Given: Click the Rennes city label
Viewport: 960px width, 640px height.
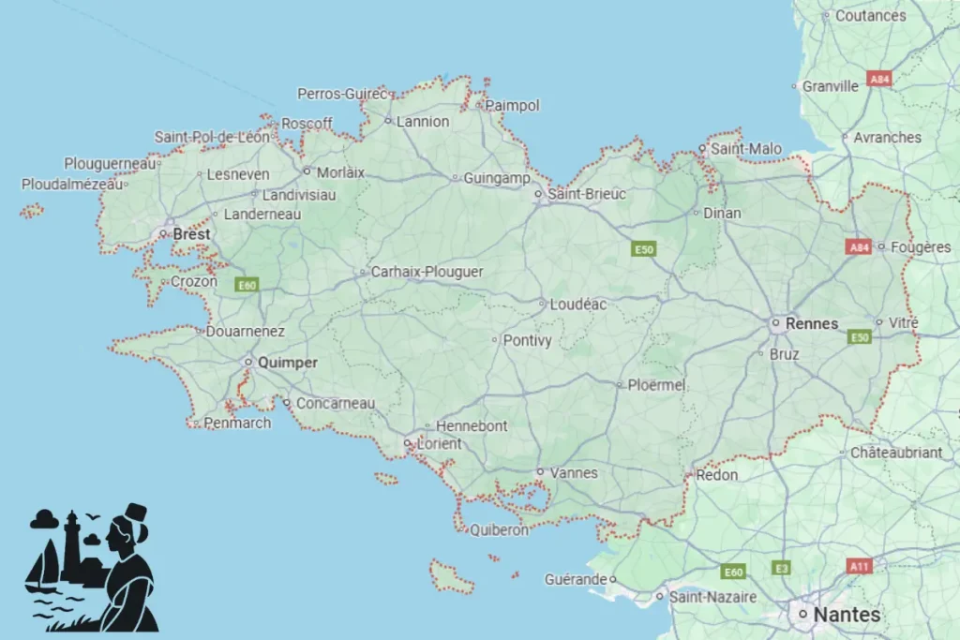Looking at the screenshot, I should (x=813, y=323).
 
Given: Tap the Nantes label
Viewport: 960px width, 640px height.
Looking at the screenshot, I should (x=847, y=615).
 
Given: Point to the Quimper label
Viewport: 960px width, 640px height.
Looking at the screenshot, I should (x=287, y=363).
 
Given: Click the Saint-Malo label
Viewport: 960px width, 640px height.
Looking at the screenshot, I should (x=745, y=149).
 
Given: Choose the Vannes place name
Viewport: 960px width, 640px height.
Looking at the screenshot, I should (x=574, y=473).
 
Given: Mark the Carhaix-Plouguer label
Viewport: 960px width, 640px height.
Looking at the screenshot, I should (x=427, y=272).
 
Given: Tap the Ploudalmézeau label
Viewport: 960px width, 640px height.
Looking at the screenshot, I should (x=71, y=185).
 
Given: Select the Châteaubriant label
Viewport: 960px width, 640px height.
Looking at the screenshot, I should (x=896, y=453).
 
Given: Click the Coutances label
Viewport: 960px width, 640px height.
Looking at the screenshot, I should (x=870, y=16).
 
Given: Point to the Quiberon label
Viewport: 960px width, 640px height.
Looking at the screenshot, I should (x=499, y=529).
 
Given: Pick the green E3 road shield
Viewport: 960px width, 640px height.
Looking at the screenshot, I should (x=781, y=568).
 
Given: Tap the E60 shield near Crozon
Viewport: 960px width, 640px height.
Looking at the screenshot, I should (x=247, y=285).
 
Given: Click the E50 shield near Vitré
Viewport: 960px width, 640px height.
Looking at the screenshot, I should (x=860, y=336).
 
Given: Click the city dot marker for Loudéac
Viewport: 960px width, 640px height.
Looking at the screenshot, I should (x=542, y=304).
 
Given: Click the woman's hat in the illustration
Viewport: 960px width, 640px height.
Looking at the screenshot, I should (x=136, y=513).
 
